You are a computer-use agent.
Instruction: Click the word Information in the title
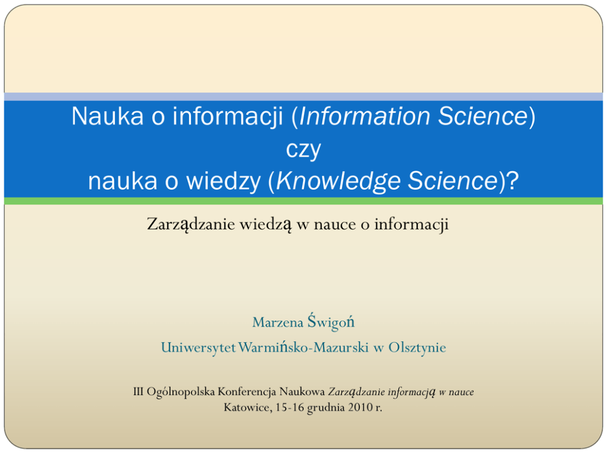pyautogui.click(x=365, y=116)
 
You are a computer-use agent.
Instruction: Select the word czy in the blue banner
pyautogui.click(x=303, y=149)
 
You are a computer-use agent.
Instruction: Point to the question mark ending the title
pyautogui.click(x=513, y=180)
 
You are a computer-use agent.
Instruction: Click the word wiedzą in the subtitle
pyautogui.click(x=265, y=224)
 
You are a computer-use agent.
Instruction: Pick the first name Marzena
pyautogui.click(x=278, y=322)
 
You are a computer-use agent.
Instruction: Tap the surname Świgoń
pyautogui.click(x=331, y=322)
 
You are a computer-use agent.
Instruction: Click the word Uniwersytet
pyautogui.click(x=198, y=347)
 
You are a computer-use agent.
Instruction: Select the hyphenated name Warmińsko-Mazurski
pyautogui.click(x=303, y=347)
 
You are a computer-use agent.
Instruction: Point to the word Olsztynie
pyautogui.click(x=417, y=347)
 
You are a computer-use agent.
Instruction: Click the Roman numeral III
pyautogui.click(x=138, y=391)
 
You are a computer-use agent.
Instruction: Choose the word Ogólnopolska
pyautogui.click(x=181, y=392)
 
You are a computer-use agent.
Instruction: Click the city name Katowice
pyautogui.click(x=248, y=407)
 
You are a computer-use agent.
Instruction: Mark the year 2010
pyautogui.click(x=360, y=407)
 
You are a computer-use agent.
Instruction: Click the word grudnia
pyautogui.click(x=326, y=408)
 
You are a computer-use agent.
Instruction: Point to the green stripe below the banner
pyautogui.click(x=303, y=201)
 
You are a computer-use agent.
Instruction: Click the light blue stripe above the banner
pyautogui.click(x=303, y=97)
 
